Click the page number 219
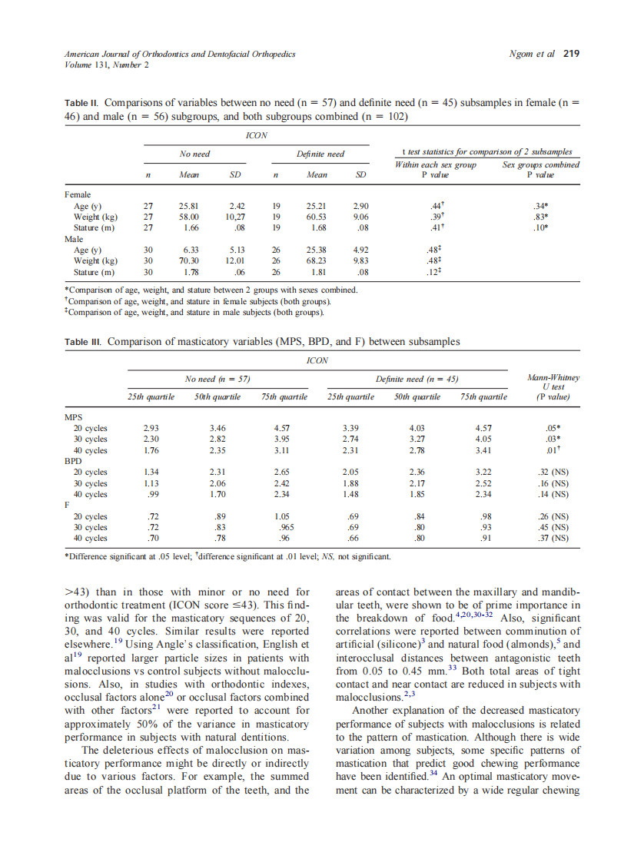571,54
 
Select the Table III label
83,342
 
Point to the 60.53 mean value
317,217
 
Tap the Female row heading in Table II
78,195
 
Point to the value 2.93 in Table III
151,428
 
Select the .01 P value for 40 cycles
552,450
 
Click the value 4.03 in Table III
417,428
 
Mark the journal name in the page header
180,54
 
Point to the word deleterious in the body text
128,750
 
